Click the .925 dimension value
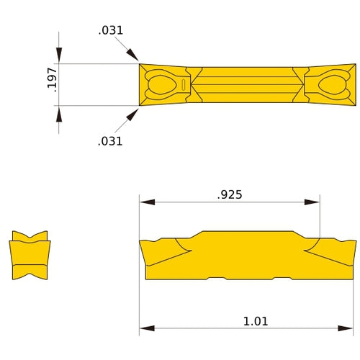pos(230,194)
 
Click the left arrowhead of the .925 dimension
pos(145,202)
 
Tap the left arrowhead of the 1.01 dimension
pos(145,329)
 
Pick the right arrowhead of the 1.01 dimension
pos(350,329)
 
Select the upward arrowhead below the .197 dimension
pos(59,112)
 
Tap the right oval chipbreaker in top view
pos(331,84)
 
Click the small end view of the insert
pos(30,256)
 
